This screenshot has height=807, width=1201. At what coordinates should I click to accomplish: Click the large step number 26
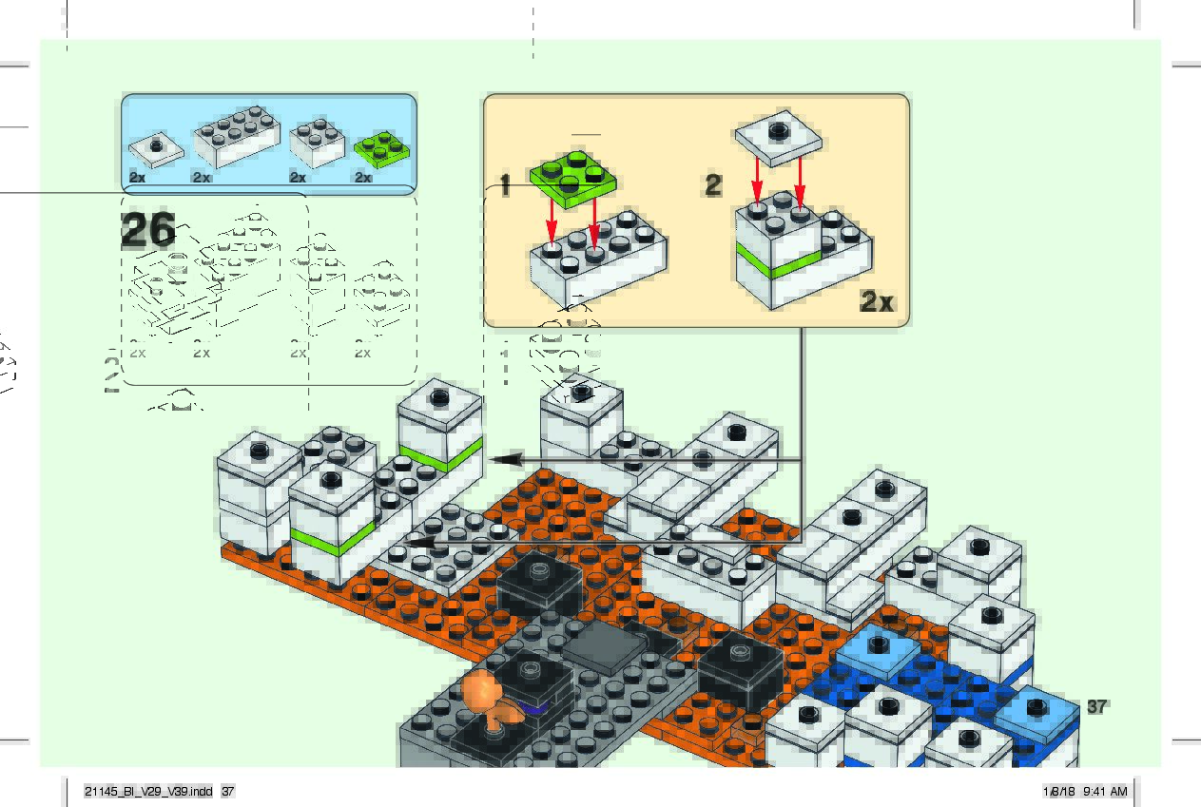(x=148, y=230)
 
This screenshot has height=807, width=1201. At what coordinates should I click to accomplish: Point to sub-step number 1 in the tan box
(x=505, y=186)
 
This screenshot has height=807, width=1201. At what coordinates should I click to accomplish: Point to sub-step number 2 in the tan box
(x=713, y=184)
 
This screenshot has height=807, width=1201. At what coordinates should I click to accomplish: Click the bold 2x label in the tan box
(x=877, y=302)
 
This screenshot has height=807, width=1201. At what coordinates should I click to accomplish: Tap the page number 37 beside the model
(x=1096, y=706)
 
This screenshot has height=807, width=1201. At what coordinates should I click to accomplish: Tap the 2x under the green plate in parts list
(x=362, y=178)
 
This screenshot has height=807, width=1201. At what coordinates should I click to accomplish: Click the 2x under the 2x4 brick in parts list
(x=201, y=178)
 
